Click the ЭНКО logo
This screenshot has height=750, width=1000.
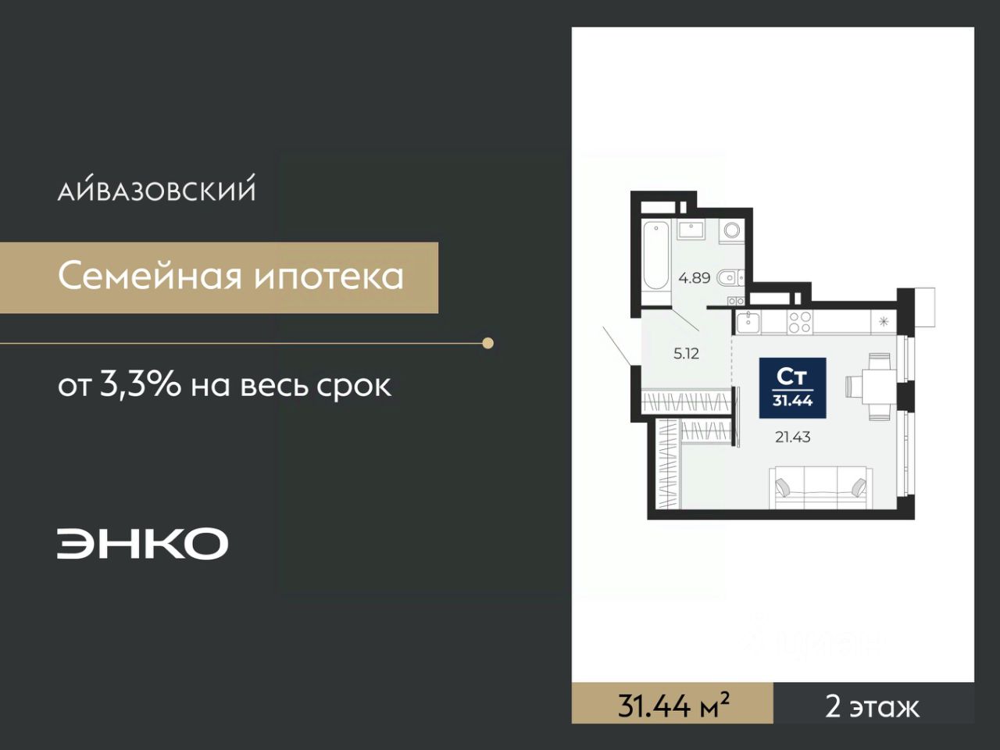coord(142,543)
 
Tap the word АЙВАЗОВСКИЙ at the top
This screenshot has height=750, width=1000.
coord(156,188)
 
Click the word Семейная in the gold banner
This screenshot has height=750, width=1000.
coord(150,277)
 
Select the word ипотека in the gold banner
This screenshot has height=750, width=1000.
coord(329,277)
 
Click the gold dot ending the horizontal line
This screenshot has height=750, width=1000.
coord(487,343)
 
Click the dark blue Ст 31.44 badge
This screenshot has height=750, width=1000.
coord(793,388)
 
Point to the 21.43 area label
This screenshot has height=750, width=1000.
coord(793,437)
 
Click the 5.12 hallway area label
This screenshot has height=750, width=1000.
coord(686,354)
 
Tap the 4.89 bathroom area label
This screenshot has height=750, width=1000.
coord(695,278)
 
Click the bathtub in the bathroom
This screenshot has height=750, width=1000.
coord(655,255)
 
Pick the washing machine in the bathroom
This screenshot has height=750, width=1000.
coord(732,230)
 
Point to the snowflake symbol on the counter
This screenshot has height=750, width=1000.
coord(884,322)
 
